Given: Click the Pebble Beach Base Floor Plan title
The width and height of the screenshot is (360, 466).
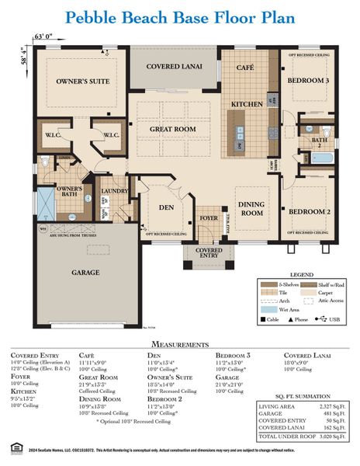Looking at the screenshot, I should tap(180, 18).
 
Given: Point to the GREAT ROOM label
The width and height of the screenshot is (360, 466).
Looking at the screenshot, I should tap(172, 130).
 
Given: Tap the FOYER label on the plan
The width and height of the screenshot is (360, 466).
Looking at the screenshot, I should tap(209, 218).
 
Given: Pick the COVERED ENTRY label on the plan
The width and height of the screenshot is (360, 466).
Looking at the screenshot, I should tap(209, 254).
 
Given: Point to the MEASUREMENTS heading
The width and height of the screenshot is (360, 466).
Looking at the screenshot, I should tap(179, 343).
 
